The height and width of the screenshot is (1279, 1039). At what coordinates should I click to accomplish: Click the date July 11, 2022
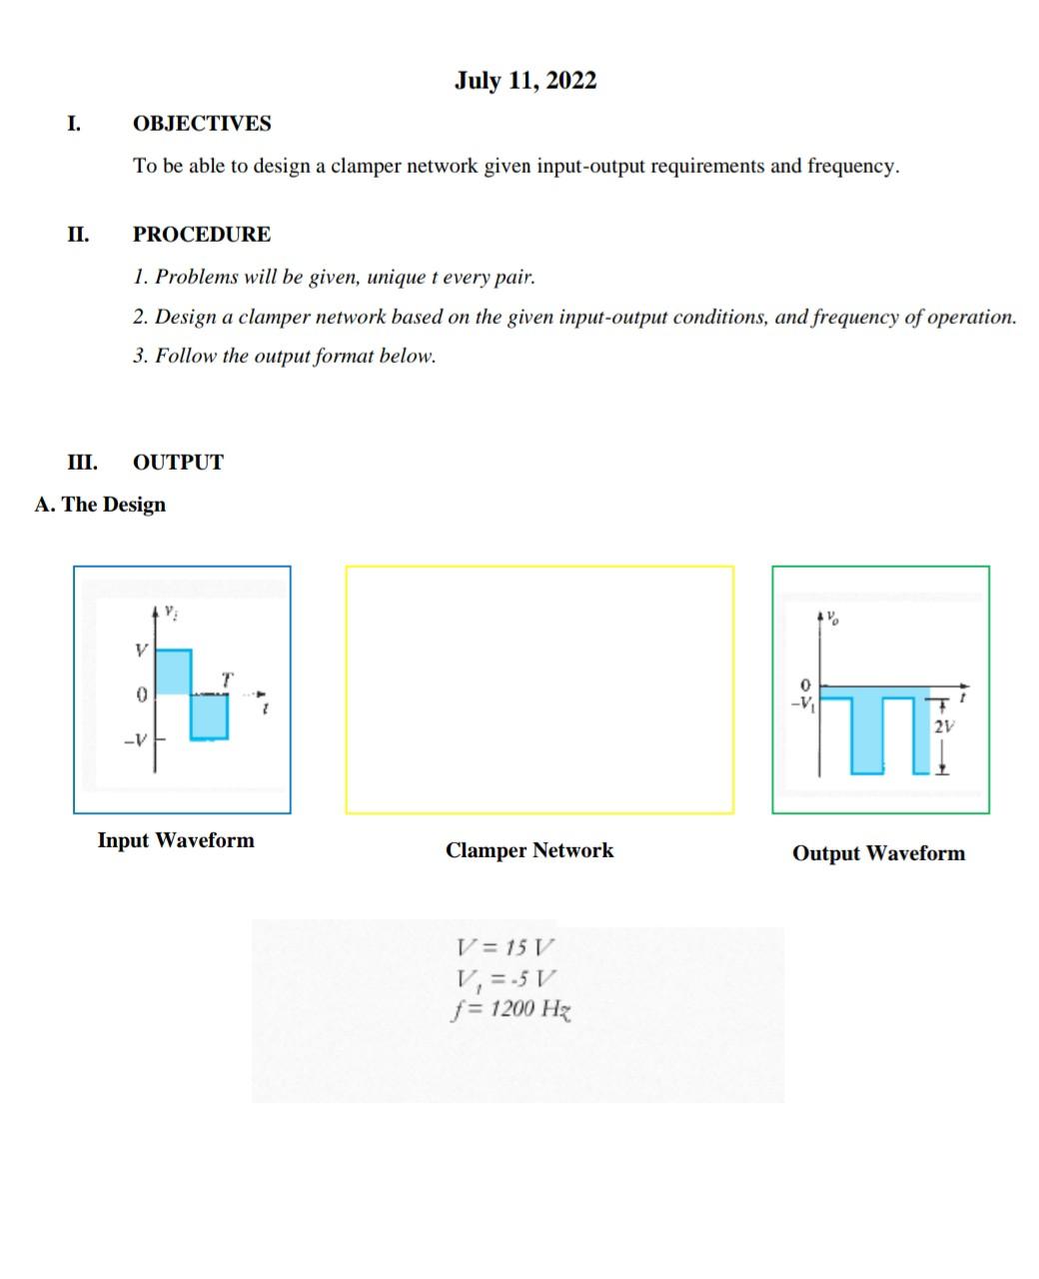[x=525, y=81]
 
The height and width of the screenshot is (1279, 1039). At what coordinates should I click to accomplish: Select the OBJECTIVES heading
[x=202, y=124]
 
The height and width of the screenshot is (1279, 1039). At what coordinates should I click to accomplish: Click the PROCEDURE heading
[x=202, y=235]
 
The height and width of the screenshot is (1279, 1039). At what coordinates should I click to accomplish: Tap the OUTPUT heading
[x=178, y=463]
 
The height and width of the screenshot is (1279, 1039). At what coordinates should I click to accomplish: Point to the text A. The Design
[x=100, y=505]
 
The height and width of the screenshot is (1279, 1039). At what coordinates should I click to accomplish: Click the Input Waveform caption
[x=176, y=840]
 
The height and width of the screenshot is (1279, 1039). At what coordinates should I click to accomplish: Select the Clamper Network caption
[x=529, y=850]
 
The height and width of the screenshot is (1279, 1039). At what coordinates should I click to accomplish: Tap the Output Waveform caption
[x=878, y=853]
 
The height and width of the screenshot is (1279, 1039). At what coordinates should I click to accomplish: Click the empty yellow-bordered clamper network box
[x=539, y=689]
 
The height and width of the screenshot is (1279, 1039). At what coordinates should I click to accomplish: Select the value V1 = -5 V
[x=506, y=978]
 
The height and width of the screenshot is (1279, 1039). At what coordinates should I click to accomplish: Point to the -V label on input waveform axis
[x=135, y=740]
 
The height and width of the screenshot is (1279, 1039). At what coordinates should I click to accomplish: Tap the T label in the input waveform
[x=227, y=679]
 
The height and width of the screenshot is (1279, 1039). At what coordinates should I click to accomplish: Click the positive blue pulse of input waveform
[x=174, y=670]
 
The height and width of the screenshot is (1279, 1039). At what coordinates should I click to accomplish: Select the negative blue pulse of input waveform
[x=209, y=716]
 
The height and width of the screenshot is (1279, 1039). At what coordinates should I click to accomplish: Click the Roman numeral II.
[x=78, y=235]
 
